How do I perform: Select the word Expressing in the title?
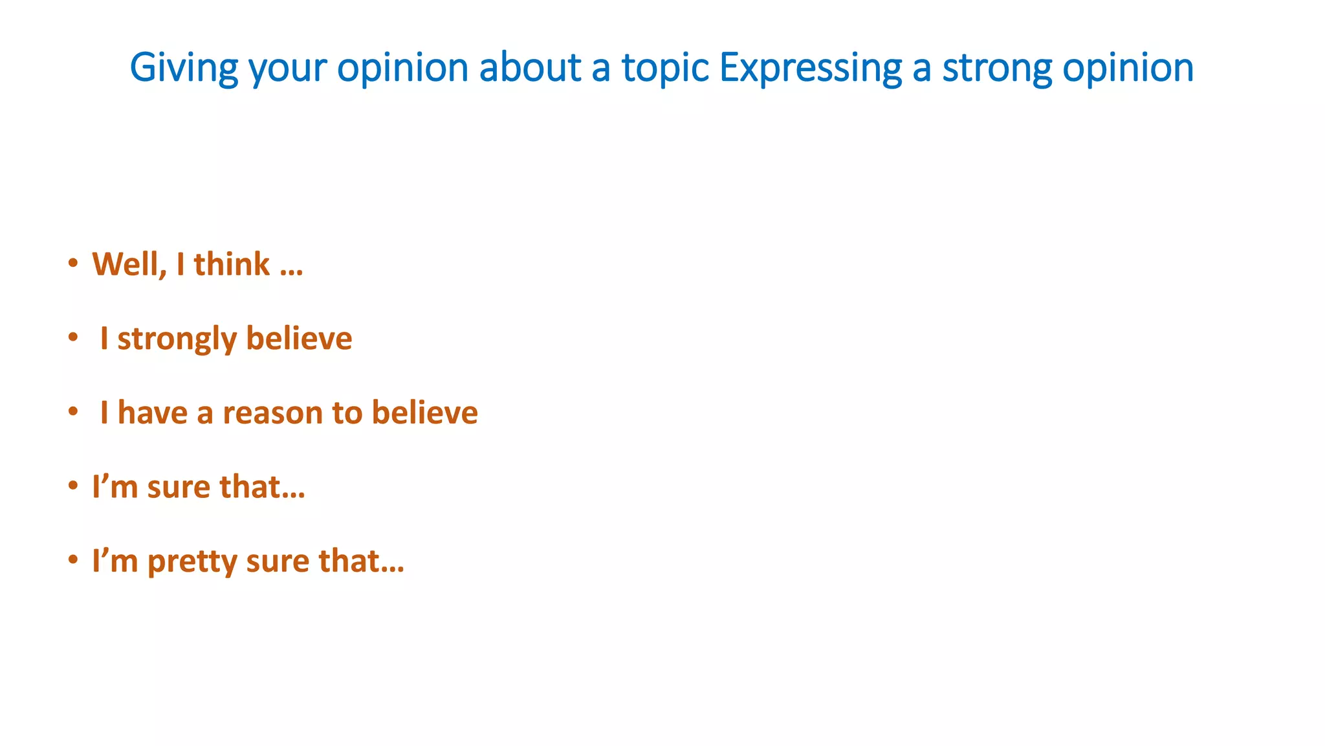tap(810, 67)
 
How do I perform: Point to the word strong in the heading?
tap(996, 67)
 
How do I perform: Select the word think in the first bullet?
tap(232, 264)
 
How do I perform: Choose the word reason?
tap(272, 413)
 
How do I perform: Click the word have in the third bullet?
tap(152, 413)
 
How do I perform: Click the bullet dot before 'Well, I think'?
tap(73, 263)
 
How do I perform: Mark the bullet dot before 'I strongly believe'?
tap(73, 337)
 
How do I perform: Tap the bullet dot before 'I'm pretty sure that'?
tap(73, 559)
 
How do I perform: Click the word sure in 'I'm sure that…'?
tap(179, 487)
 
